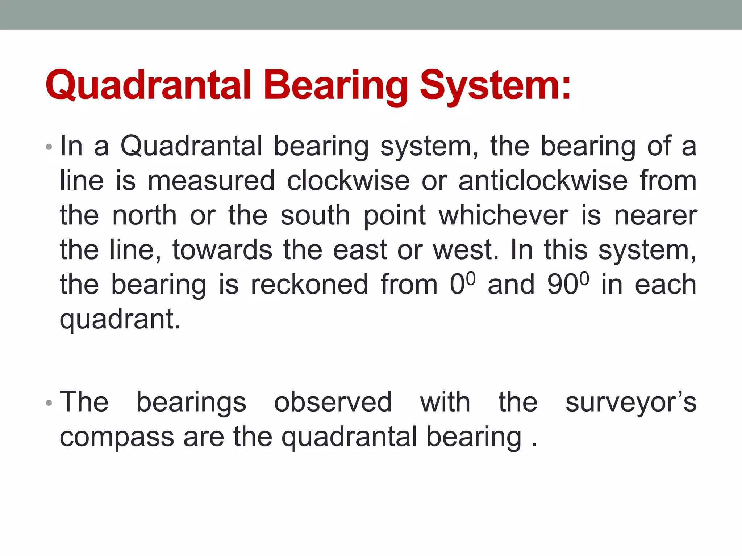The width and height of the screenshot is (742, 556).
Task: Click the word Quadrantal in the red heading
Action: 148,85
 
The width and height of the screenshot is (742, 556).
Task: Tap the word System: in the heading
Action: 495,85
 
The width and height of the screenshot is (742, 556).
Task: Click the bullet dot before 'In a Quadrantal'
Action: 49,147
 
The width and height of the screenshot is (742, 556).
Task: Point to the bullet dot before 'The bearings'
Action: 49,403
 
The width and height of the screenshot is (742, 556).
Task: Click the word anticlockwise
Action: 542,181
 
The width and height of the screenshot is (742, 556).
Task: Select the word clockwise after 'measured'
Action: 348,181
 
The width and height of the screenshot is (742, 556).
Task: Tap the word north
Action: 144,215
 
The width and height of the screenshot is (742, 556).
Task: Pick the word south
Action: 315,215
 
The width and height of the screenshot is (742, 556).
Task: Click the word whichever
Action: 503,215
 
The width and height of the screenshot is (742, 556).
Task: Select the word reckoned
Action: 309,285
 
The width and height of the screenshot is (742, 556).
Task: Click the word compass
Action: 117,437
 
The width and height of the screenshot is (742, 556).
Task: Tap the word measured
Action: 211,181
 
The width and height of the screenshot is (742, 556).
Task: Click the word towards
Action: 222,250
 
